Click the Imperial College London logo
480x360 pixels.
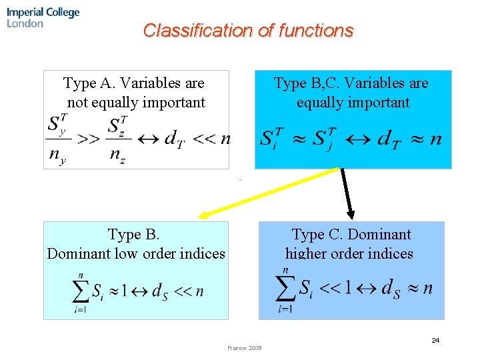(43, 17)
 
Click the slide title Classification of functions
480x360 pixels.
(248, 31)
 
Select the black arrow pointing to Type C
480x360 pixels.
(347, 193)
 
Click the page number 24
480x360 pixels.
(435, 341)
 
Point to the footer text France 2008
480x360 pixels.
(245, 348)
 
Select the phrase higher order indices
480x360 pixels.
(349, 253)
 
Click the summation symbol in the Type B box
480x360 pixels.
(81, 291)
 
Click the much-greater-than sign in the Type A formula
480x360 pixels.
(89, 139)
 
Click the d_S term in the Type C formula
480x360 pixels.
(389, 288)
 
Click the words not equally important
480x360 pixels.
(136, 103)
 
